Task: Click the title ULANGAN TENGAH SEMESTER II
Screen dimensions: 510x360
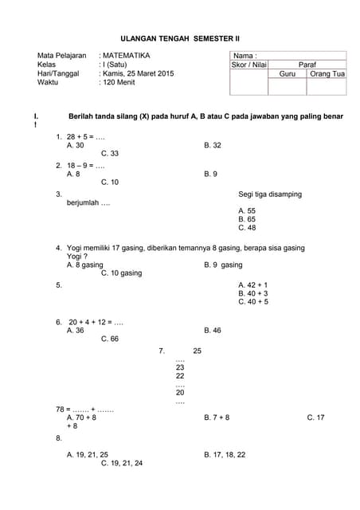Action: click(x=179, y=37)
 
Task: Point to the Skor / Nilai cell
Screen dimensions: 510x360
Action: click(x=248, y=65)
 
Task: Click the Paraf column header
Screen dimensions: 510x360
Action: click(x=307, y=65)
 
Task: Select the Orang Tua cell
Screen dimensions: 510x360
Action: click(x=327, y=74)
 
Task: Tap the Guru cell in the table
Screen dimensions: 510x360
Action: click(x=288, y=74)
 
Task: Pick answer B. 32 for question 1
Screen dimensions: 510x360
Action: click(x=213, y=146)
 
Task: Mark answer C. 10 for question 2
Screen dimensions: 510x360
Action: click(x=110, y=182)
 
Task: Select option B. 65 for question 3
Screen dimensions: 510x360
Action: click(x=247, y=218)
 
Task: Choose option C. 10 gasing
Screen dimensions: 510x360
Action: click(x=122, y=273)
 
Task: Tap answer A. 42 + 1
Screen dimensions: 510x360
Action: click(x=253, y=284)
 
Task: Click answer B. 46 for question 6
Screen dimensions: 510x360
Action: click(x=213, y=330)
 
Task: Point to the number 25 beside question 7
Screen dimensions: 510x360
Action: click(x=198, y=351)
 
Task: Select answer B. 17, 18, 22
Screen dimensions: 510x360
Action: click(x=225, y=454)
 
